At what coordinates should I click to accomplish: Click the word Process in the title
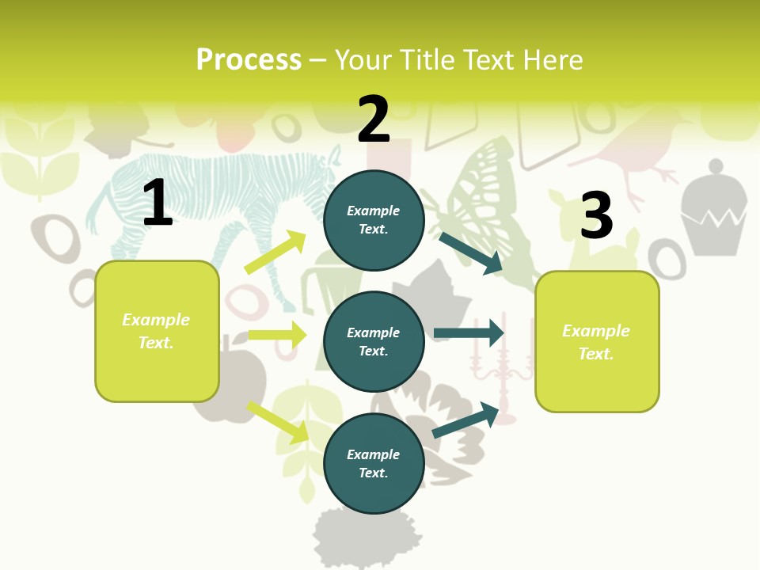click(x=249, y=60)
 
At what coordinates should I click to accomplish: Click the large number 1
click(x=158, y=203)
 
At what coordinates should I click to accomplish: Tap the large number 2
click(x=374, y=120)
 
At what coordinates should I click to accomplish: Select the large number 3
click(x=597, y=216)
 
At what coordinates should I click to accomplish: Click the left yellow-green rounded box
click(x=157, y=331)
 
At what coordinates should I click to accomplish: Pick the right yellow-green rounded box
click(x=597, y=342)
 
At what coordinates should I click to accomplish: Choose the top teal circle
click(x=374, y=220)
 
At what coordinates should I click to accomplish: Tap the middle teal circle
click(x=374, y=341)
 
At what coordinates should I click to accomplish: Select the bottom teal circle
click(x=374, y=463)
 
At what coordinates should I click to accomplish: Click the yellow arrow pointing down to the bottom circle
click(x=278, y=421)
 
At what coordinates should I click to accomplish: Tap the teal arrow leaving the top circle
click(x=471, y=253)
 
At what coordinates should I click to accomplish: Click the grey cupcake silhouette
click(x=714, y=210)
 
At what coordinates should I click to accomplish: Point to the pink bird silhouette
click(x=633, y=146)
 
